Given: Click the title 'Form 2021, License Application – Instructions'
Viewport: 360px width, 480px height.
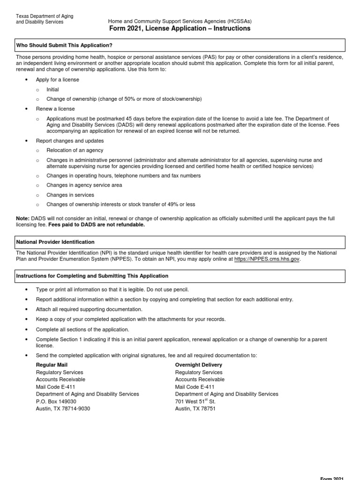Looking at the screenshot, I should [x=180, y=29].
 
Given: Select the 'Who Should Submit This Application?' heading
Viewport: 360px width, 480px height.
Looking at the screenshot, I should [x=64, y=45].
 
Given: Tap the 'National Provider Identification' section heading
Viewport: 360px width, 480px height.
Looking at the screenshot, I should [x=55, y=242].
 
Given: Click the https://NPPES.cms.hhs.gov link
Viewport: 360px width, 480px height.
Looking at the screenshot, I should [x=267, y=259].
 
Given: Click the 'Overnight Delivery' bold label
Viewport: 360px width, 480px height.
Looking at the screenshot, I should [x=198, y=365].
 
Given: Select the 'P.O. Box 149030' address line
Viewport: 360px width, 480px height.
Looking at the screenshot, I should [x=56, y=402].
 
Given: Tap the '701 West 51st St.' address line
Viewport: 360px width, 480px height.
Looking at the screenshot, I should [x=195, y=402].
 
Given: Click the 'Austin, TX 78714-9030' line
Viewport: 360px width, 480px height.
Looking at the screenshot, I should [x=63, y=409].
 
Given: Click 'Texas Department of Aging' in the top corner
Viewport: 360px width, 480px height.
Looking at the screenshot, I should [x=45, y=16].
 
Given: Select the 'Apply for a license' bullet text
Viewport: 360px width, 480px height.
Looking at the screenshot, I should [x=57, y=80].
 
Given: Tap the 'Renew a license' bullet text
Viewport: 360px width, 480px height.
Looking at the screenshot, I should [x=55, y=109].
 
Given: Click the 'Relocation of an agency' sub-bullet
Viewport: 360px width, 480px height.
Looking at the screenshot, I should [x=75, y=150].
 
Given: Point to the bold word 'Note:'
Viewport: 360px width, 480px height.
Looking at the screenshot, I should [x=22, y=218].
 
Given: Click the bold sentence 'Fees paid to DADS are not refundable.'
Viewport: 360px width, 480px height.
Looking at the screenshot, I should [x=97, y=225].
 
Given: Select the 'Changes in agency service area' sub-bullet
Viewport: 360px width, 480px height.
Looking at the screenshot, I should [x=84, y=185].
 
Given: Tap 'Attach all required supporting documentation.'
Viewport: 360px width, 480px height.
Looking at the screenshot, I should [x=89, y=309].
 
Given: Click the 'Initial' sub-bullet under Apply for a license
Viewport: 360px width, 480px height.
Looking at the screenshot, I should [x=52, y=90].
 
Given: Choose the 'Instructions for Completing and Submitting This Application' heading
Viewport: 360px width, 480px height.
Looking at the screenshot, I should [x=92, y=276].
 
